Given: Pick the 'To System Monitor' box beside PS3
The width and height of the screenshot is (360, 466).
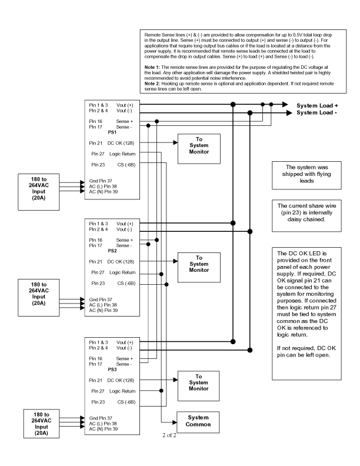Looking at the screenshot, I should point(199,382).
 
